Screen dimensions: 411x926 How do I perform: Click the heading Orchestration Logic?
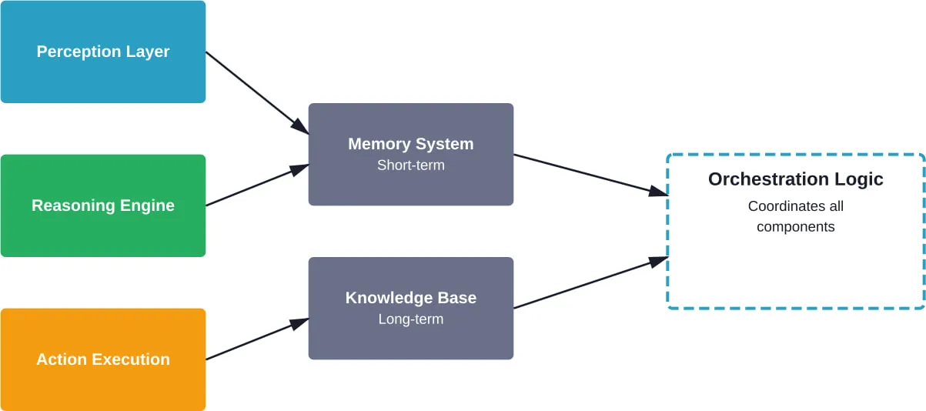[x=795, y=179]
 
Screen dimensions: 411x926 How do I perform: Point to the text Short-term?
[x=410, y=165]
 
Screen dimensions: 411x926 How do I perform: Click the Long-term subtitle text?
[x=410, y=319]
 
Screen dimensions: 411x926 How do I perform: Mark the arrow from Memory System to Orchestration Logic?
[x=590, y=175]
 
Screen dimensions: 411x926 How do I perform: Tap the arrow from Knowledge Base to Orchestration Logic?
[x=590, y=283]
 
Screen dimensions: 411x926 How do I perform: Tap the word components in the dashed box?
[x=795, y=227]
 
